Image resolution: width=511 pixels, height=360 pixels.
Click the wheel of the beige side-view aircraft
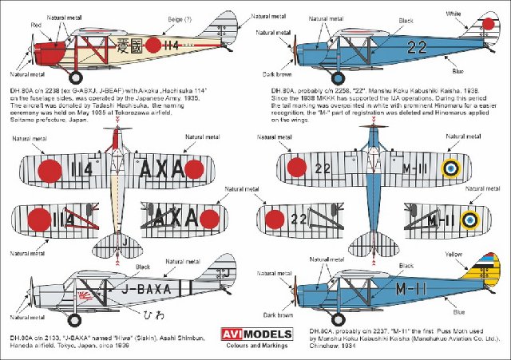point(76,78)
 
